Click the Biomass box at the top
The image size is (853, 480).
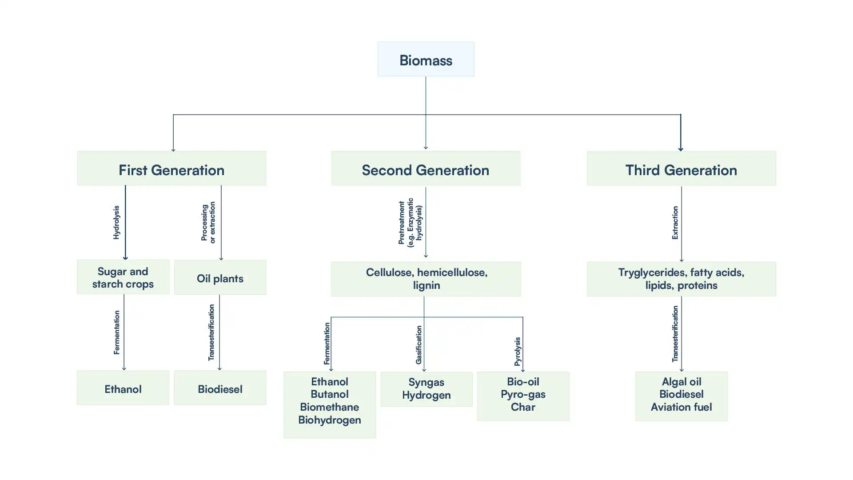click(426, 60)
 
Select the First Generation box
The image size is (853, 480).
click(171, 169)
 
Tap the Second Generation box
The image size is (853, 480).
click(425, 169)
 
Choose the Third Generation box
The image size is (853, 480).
click(681, 169)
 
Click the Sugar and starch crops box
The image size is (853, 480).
click(123, 277)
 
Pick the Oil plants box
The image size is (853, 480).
click(220, 278)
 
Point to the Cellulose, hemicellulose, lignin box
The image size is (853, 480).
click(426, 279)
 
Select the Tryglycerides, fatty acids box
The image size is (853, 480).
click(681, 279)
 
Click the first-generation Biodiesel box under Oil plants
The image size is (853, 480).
click(220, 388)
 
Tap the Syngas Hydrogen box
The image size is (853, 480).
click(426, 389)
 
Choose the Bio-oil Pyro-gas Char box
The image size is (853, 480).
click(523, 395)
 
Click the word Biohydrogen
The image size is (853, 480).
click(329, 420)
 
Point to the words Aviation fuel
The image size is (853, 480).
click(681, 407)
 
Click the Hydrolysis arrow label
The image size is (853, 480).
click(116, 222)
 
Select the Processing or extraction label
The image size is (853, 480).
click(208, 223)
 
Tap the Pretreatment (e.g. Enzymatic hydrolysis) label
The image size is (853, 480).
click(410, 223)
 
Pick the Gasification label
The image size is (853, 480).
click(419, 345)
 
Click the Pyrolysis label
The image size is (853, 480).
click(517, 352)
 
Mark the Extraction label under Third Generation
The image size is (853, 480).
click(675, 223)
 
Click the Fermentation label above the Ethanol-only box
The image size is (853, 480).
click(116, 332)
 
